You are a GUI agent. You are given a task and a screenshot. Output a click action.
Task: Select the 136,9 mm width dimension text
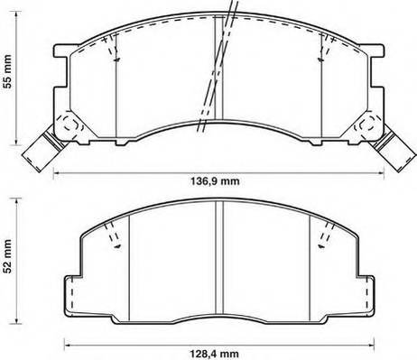pos(218,182)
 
